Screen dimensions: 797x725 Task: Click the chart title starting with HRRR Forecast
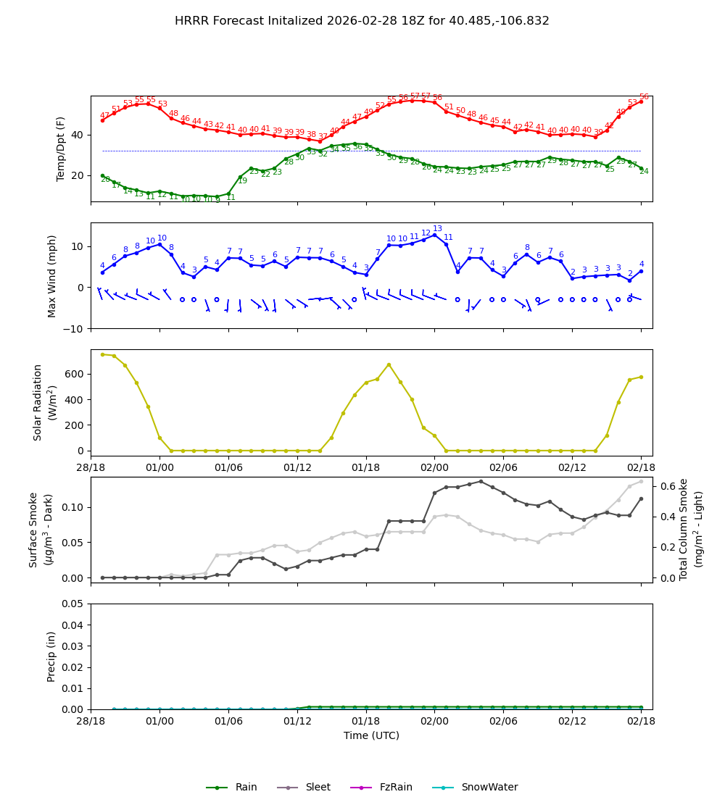pos(362,21)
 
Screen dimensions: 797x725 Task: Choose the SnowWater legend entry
pos(489,788)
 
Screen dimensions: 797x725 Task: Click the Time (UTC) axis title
pos(371,735)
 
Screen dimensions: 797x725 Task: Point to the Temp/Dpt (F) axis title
pos(62,149)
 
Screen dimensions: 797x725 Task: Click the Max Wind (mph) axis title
pos(52,276)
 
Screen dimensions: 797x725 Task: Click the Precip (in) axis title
pos(52,656)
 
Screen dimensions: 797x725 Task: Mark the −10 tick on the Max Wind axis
pos(72,329)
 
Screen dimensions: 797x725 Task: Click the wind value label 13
pos(437,229)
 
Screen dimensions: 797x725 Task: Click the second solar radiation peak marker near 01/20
pos(389,364)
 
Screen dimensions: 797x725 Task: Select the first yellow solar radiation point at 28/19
pos(102,354)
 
